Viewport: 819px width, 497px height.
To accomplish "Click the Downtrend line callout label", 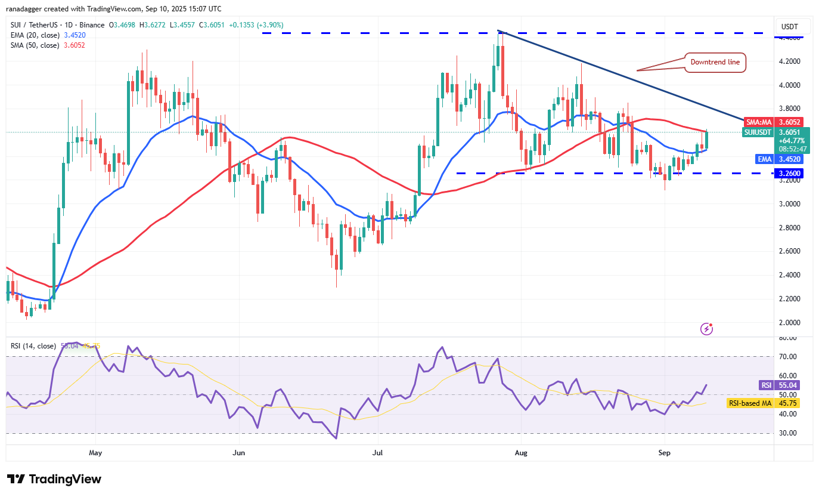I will pyautogui.click(x=714, y=62).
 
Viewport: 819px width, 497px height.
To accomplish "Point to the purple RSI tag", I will pyautogui.click(x=766, y=385).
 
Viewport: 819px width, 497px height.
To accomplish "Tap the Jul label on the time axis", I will pyautogui.click(x=378, y=453).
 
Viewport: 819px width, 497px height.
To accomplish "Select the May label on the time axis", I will pyautogui.click(x=95, y=453).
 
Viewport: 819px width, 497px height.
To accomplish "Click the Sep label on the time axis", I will pyautogui.click(x=665, y=453).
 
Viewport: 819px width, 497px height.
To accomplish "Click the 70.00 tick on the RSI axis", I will pyautogui.click(x=788, y=357).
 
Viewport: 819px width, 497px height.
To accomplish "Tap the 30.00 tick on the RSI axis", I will pyautogui.click(x=788, y=433).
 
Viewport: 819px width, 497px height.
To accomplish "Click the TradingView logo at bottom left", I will pyautogui.click(x=54, y=479).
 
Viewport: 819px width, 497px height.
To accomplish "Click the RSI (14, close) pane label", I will pyautogui.click(x=33, y=346).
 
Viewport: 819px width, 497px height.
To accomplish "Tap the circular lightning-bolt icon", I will pyautogui.click(x=706, y=328).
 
